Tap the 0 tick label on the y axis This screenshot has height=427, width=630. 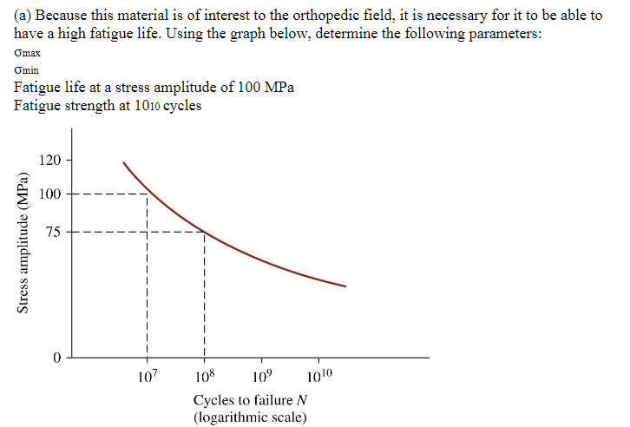click(x=56, y=358)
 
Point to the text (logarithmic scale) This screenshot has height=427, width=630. click(x=251, y=417)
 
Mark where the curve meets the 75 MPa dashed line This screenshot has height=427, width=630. click(x=204, y=232)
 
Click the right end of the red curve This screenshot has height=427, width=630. click(x=345, y=286)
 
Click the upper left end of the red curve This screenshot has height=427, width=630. click(x=123, y=162)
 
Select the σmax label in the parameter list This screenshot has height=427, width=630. click(x=28, y=54)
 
